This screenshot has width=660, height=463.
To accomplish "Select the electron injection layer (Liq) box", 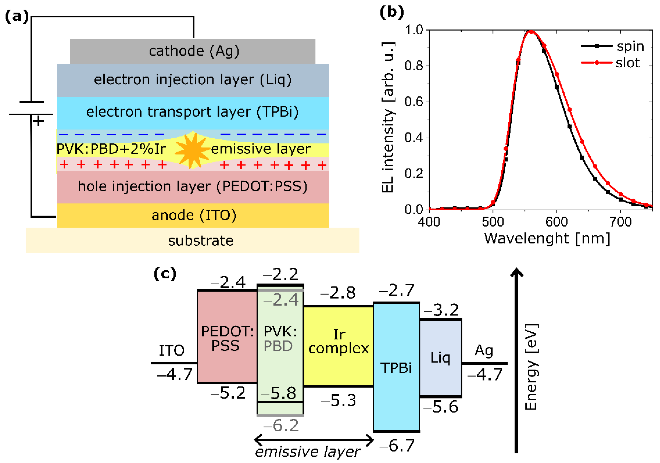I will point(193,80).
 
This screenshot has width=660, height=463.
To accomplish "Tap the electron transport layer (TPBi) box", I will point(193,112).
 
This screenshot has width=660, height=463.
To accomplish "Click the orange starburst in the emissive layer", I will point(192,150).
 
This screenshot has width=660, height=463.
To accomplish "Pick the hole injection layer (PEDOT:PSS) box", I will point(193,187).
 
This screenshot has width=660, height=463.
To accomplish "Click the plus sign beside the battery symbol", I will point(38,121).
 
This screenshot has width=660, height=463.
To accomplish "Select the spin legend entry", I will point(612,46).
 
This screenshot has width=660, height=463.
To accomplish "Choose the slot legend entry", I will point(611,63).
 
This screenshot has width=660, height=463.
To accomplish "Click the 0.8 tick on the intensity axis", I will point(414,66).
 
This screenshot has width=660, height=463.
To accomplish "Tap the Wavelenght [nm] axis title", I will point(547,239).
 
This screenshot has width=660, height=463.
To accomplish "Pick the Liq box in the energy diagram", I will point(440,358).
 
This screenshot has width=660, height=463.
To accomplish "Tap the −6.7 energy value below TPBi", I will point(397,446).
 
